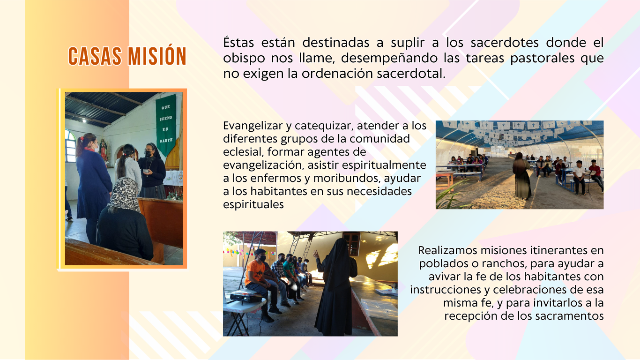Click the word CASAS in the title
(95, 56)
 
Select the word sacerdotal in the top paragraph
(411, 74)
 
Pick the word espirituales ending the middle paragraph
(253, 205)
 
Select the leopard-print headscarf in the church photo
(124, 194)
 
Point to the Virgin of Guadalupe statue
(104, 150)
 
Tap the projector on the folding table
(246, 296)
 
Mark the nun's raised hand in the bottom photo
(316, 254)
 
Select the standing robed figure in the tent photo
(522, 176)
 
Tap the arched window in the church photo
(70, 145)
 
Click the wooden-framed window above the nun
(352, 244)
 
